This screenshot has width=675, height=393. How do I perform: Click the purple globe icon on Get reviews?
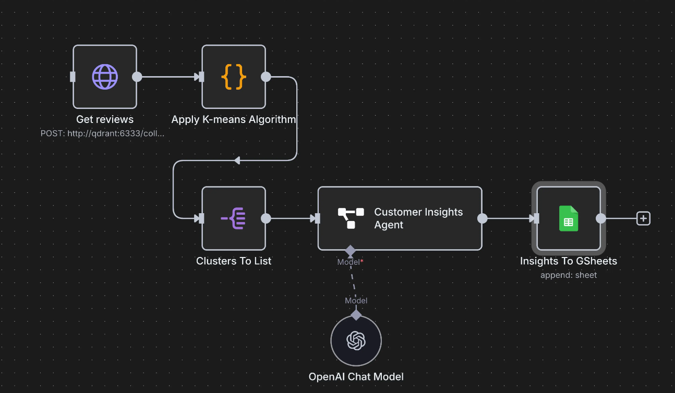click(x=105, y=77)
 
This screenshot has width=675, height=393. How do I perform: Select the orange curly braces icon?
click(x=234, y=77)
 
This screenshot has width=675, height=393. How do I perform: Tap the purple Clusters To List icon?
click(x=234, y=218)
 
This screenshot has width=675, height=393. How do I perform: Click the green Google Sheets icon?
click(x=569, y=218)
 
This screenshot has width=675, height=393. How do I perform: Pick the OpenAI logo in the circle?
click(x=356, y=341)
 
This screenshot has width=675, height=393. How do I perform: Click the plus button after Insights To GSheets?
click(x=644, y=218)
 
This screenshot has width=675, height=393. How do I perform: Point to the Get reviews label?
click(x=105, y=119)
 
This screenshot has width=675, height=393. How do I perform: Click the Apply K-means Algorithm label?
click(x=234, y=119)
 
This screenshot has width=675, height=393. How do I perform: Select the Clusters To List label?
click(x=234, y=261)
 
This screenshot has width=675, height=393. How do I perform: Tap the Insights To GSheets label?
click(x=569, y=261)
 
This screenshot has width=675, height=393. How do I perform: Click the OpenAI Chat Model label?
click(x=356, y=376)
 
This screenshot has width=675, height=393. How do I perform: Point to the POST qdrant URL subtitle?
click(x=103, y=133)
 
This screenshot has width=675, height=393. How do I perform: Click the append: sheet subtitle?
click(x=569, y=275)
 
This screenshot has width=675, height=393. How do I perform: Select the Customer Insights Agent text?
click(x=418, y=218)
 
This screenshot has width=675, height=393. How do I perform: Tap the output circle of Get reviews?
click(x=137, y=77)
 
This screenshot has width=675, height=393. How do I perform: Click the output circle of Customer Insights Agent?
click(x=483, y=218)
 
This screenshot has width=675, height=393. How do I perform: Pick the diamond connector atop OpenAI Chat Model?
click(x=356, y=315)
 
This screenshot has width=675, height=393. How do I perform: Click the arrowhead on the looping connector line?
click(x=237, y=161)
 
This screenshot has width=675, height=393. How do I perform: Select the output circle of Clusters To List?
click(x=266, y=218)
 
